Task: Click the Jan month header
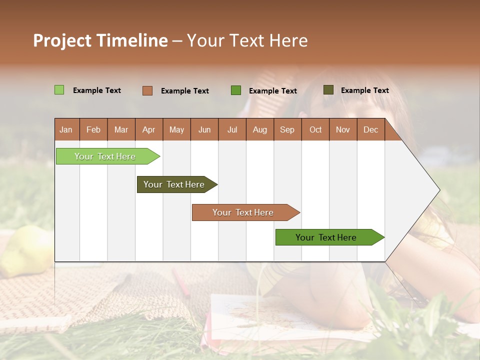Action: (66, 129)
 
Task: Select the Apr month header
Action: (149, 129)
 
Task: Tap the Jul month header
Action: (232, 129)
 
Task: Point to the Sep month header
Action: (287, 129)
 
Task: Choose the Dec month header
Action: (370, 129)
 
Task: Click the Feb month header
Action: (93, 129)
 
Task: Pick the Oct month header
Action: (315, 129)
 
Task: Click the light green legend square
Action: (59, 90)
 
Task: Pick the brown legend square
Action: (147, 90)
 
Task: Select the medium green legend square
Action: (236, 90)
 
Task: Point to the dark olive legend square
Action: (328, 90)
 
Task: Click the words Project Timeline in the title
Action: (100, 40)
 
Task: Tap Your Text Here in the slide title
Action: (247, 40)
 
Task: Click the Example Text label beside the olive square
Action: (364, 90)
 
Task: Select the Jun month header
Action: (204, 129)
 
